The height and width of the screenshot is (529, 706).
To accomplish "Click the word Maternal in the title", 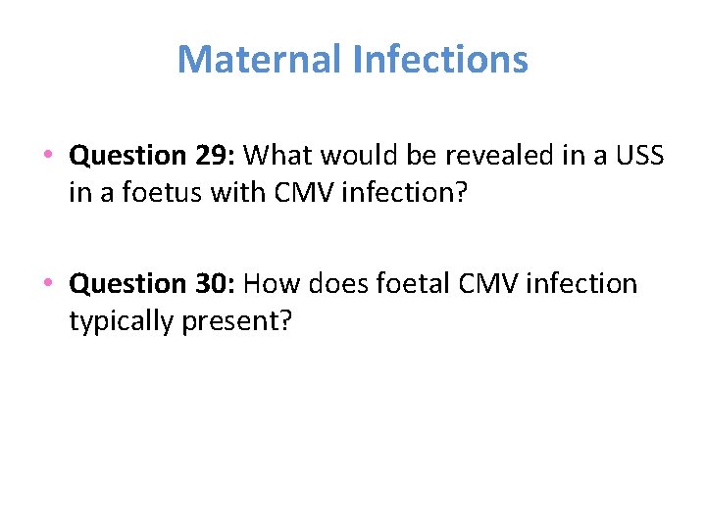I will [259, 60].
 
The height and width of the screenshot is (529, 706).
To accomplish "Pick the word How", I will [271, 284].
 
